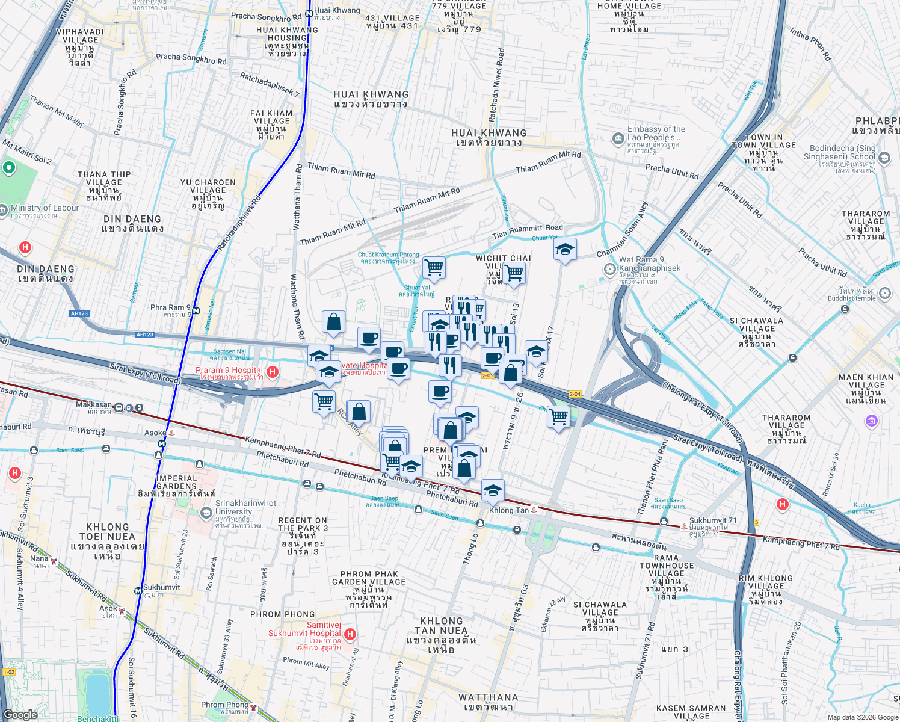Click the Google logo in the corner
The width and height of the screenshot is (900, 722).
[x=20, y=714]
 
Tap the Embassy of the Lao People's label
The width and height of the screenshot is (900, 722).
[x=656, y=137]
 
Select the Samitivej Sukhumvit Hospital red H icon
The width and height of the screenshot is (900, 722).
[x=350, y=634]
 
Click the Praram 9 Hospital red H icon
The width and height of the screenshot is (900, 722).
[x=272, y=372]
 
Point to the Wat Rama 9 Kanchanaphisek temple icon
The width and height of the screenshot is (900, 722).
[x=609, y=268]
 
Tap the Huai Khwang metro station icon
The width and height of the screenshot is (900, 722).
[x=309, y=11]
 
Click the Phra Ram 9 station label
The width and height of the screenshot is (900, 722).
[x=170, y=310]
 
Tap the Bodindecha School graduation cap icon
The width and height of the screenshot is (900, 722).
[x=884, y=158]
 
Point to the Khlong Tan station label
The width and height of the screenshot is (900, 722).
[x=509, y=510]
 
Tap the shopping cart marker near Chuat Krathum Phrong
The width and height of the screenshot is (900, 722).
[x=433, y=267]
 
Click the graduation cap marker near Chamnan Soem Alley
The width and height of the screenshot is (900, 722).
[x=565, y=249]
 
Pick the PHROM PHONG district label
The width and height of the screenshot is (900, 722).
[x=282, y=614]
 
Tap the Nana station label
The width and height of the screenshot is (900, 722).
[x=39, y=561]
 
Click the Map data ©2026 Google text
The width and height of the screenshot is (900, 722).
[x=862, y=717]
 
